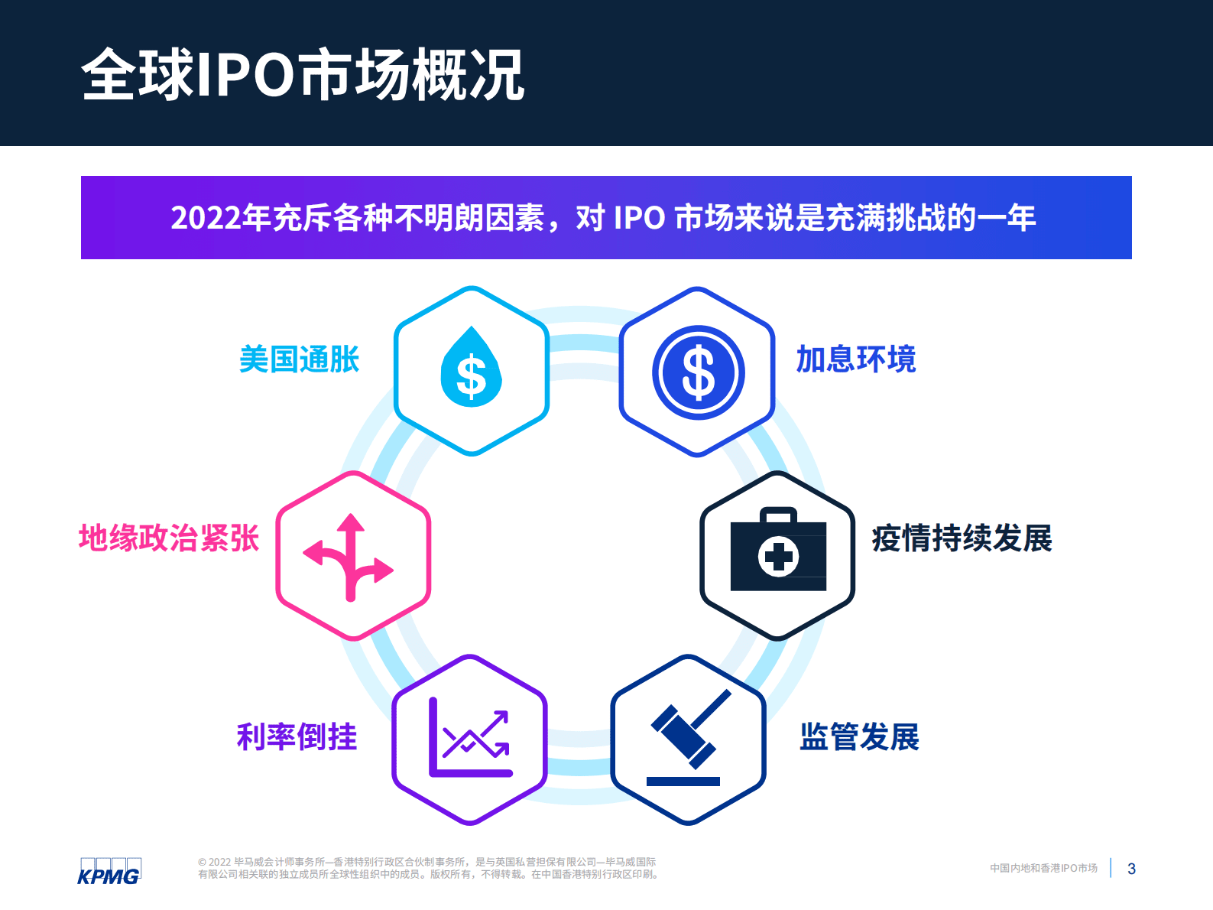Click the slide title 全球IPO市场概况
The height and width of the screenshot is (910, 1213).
tap(303, 74)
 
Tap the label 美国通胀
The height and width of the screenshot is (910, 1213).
tap(299, 359)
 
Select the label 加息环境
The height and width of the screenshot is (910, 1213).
tap(855, 359)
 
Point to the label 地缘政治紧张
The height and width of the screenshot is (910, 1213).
tap(169, 538)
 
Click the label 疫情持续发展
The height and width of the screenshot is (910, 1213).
tap(962, 538)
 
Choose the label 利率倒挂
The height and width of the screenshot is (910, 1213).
tap(297, 736)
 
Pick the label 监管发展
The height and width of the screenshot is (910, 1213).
tap(859, 736)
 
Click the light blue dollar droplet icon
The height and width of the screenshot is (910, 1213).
tap(471, 369)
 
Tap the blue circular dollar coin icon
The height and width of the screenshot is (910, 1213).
tap(698, 372)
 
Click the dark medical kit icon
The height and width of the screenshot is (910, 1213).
tap(778, 550)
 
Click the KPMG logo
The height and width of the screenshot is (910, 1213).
tap(109, 871)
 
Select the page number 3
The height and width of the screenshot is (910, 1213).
tap(1131, 869)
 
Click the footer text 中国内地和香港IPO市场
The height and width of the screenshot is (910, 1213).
tap(1043, 868)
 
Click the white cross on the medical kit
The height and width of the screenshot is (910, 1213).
tap(779, 556)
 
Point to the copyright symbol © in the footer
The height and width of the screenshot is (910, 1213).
tap(202, 863)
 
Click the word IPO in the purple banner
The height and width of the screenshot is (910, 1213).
tap(639, 218)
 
